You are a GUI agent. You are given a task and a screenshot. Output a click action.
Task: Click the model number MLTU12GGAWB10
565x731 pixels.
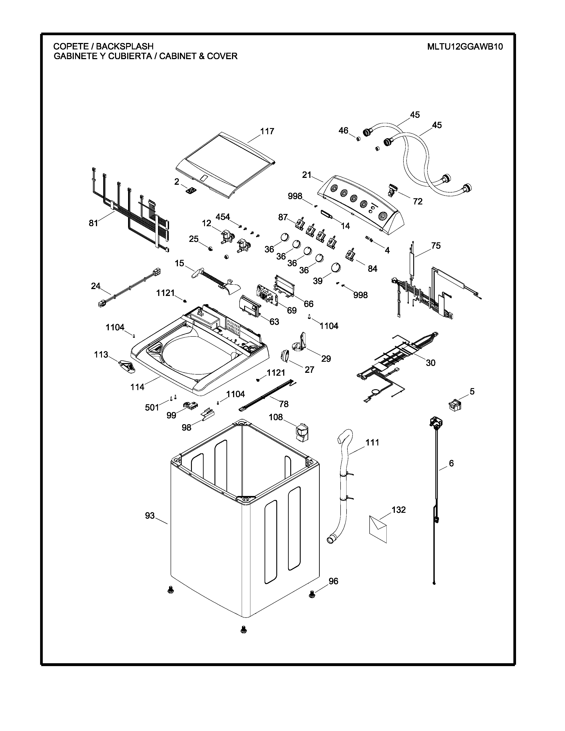click(465, 47)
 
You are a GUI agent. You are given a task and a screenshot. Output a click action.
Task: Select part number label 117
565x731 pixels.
click(267, 131)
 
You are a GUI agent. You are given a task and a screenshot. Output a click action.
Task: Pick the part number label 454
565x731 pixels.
click(223, 217)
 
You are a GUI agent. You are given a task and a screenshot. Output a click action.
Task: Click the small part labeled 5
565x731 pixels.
click(454, 405)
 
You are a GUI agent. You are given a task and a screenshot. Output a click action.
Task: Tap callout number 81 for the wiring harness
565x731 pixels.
click(93, 223)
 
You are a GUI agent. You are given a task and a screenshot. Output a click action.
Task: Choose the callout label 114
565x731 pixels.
click(137, 387)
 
